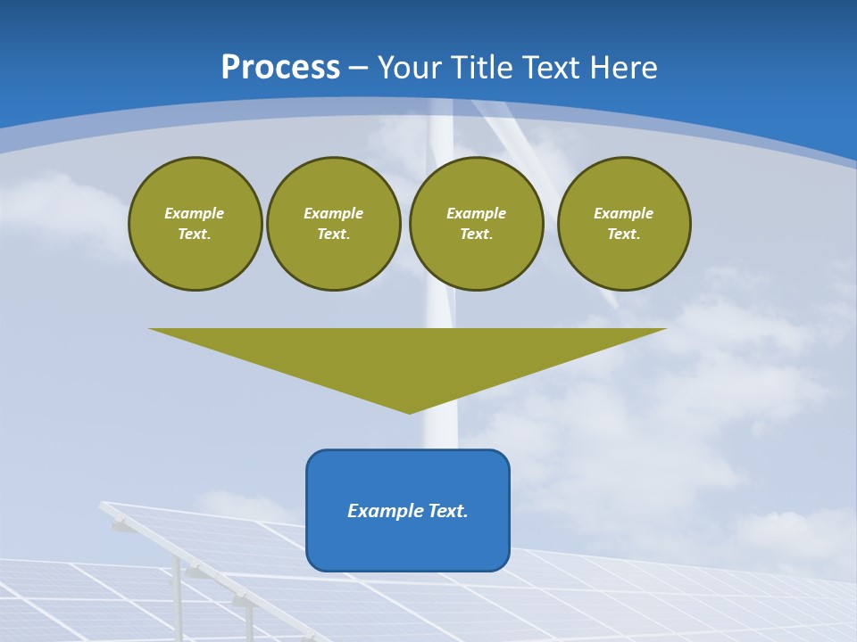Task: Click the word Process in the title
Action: (280, 68)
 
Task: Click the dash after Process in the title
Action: (358, 69)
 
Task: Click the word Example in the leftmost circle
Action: (195, 213)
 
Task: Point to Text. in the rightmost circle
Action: (623, 235)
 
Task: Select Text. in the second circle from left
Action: (333, 235)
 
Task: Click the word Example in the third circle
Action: (476, 213)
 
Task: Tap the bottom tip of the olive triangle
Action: (409, 411)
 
